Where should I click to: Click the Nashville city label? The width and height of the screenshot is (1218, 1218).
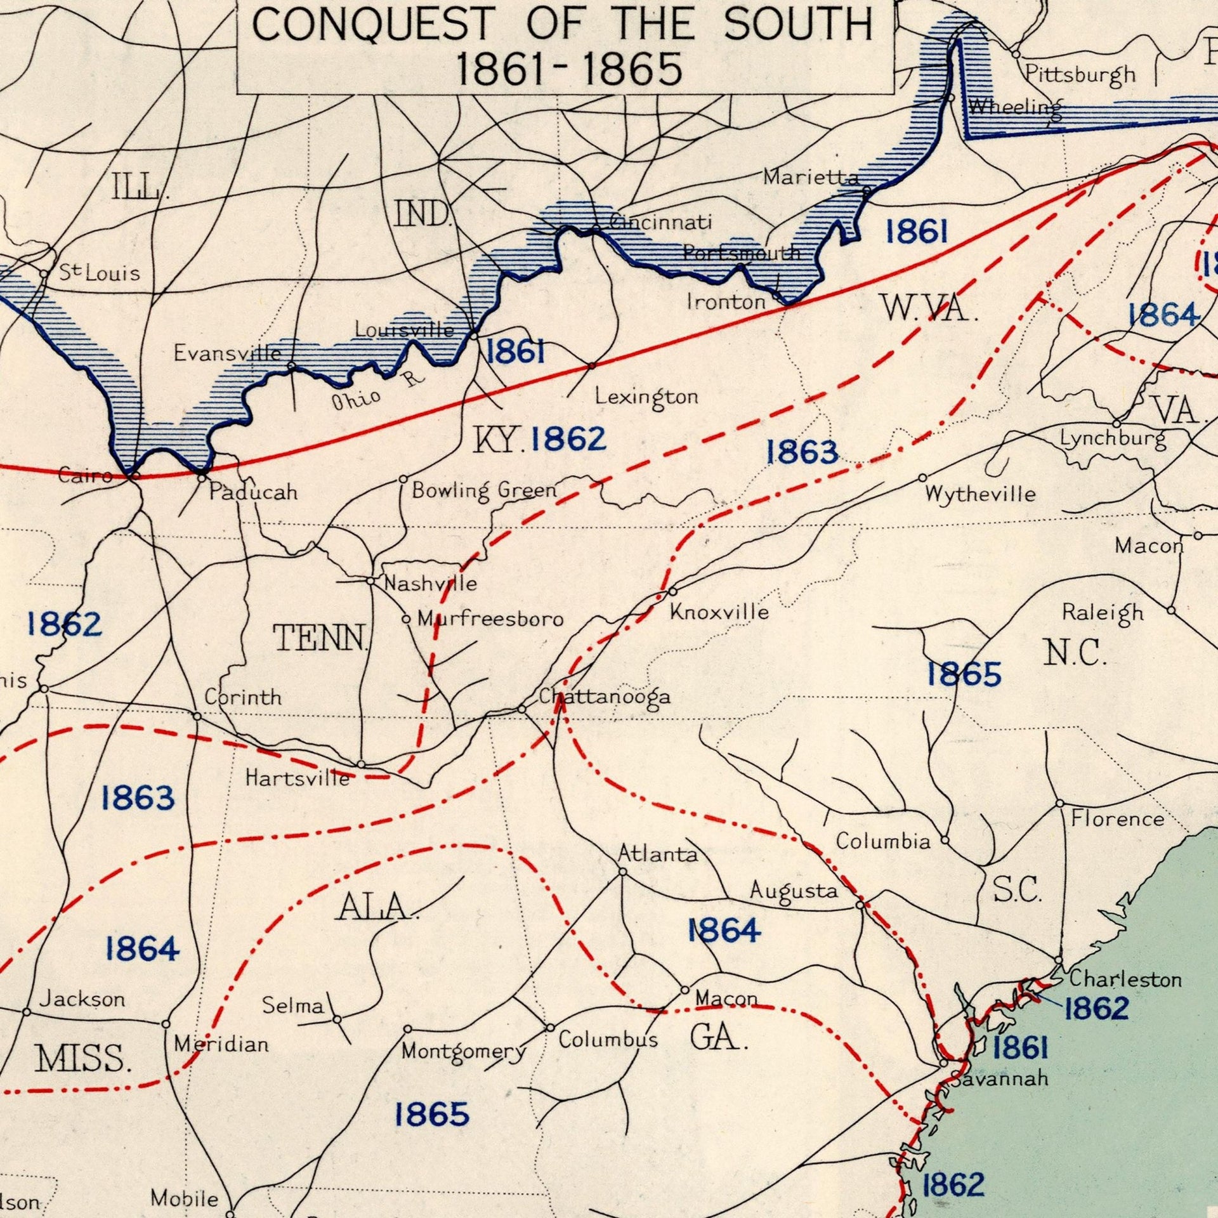point(431,583)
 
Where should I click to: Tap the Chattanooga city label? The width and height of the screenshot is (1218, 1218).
point(605,697)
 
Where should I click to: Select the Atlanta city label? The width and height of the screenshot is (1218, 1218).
point(658,854)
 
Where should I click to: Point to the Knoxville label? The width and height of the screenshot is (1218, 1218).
point(719,612)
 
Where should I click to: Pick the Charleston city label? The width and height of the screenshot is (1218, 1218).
point(1125,979)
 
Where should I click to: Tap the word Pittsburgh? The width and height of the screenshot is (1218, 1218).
point(1080,75)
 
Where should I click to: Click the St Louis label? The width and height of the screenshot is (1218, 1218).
point(100,273)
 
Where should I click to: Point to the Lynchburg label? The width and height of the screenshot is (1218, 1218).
point(1113,439)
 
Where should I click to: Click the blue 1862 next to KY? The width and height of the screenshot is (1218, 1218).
point(568,439)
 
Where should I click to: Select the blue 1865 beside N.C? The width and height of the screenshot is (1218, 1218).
point(964,674)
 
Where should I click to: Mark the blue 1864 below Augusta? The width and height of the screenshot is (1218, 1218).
point(724,931)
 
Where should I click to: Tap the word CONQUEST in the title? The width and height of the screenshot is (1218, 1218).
point(374,23)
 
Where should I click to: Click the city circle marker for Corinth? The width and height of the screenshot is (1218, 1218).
point(197,716)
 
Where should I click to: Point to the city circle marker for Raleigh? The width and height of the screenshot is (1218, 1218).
point(1171,610)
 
